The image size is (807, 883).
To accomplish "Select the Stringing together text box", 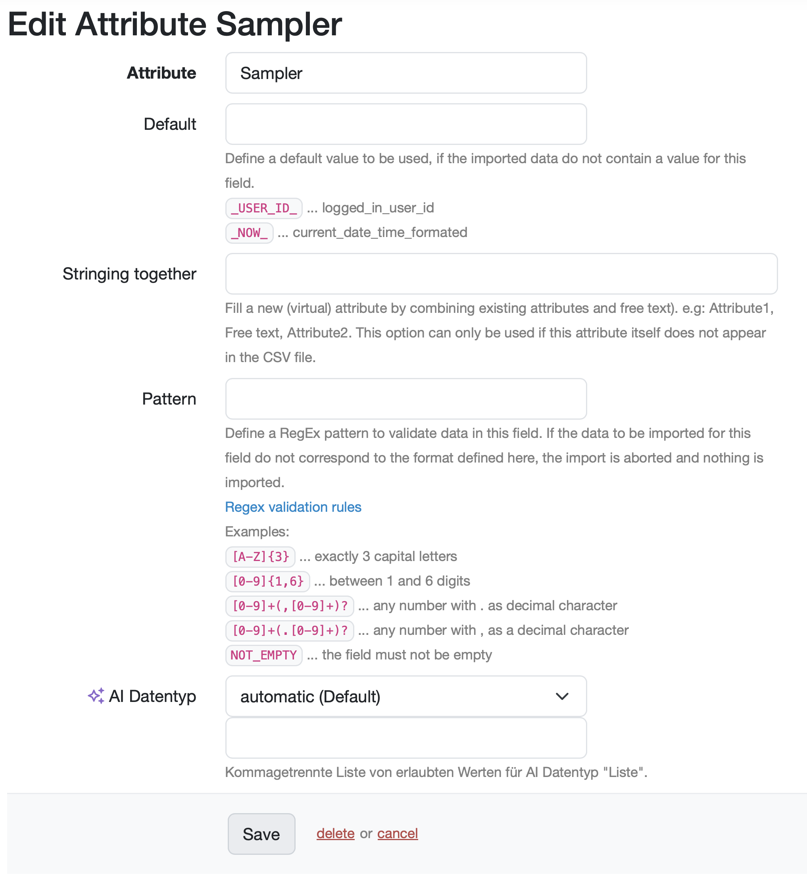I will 501,274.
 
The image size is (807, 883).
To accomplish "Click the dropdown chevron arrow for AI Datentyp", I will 561,696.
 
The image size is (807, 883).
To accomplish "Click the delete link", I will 335,833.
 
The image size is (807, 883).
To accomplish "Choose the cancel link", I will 398,833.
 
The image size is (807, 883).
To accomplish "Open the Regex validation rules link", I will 293,507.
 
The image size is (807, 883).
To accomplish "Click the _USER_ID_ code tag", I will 263,208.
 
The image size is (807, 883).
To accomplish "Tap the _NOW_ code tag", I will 249,233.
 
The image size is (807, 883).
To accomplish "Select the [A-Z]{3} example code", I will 260,556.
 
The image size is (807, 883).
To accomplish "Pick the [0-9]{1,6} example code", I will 267,581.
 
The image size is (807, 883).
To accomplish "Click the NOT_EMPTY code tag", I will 263,655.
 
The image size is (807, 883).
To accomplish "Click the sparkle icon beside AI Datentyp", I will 96,696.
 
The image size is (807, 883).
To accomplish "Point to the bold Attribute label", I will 161,73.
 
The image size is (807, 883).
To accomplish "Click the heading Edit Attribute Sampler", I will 175,24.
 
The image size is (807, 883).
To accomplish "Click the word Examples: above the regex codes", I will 257,531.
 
